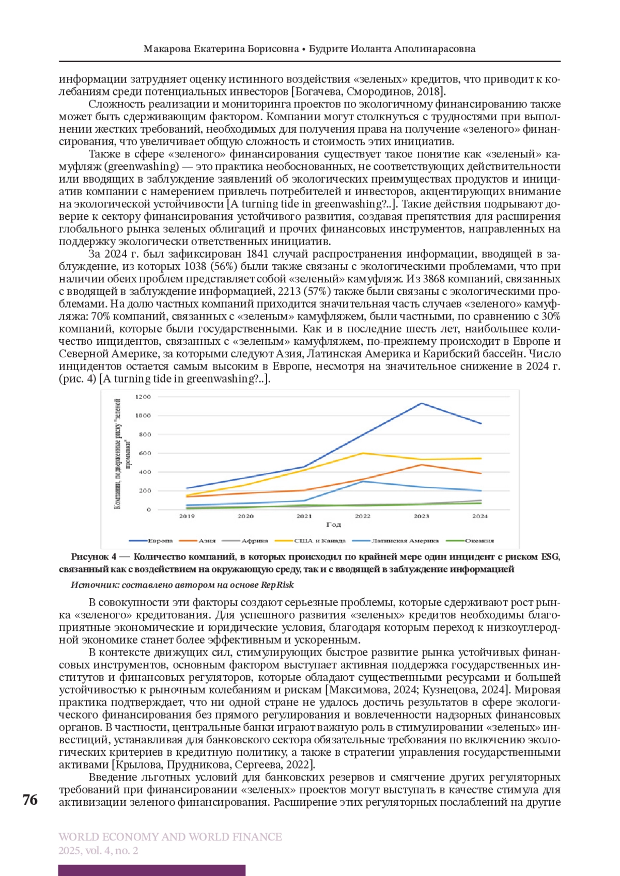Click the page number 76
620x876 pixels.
coord(30,800)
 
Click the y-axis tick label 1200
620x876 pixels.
coord(143,396)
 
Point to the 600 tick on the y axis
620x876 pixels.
coord(144,453)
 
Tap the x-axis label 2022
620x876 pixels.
coord(363,516)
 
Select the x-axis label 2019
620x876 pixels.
coord(187,516)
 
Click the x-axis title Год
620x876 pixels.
coord(333,524)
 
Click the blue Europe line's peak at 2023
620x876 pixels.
coord(422,403)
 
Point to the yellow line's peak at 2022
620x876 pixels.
coord(363,453)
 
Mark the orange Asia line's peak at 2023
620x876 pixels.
coord(422,465)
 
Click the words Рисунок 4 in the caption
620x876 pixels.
coord(90,556)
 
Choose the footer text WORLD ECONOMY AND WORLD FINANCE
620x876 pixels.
coord(170,837)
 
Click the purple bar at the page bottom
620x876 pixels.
coord(151,870)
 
